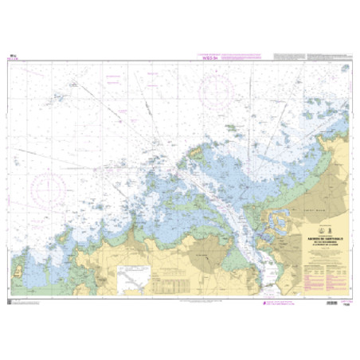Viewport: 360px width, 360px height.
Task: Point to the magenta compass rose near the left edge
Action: coord(51,188)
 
